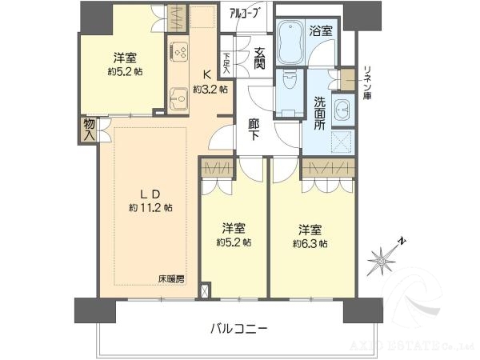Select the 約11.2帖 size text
(151, 207)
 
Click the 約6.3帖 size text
(310, 242)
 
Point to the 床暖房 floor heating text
(171, 279)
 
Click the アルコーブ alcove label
(241, 13)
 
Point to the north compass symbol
(385, 258)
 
